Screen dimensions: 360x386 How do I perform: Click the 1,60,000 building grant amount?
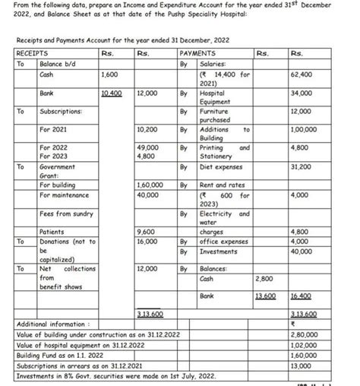point(150,185)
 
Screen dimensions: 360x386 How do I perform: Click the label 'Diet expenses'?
point(221,166)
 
